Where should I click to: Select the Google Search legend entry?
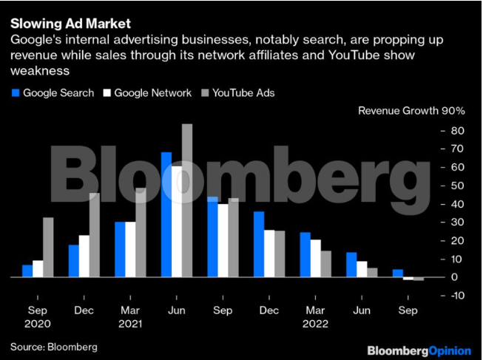(x=53, y=93)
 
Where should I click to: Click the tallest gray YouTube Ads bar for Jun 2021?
(x=187, y=200)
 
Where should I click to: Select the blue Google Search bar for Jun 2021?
(x=166, y=214)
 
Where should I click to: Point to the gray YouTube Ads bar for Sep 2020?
(x=48, y=247)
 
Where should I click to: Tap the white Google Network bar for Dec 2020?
(x=84, y=256)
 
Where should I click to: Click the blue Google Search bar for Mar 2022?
(x=305, y=254)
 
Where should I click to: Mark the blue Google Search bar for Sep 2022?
(x=397, y=273)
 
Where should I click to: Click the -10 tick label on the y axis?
(x=456, y=296)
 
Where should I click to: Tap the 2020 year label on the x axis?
(x=37, y=324)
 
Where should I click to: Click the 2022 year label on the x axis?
(x=315, y=324)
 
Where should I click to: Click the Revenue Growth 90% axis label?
(x=411, y=112)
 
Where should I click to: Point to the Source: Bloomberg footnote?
(x=53, y=346)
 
